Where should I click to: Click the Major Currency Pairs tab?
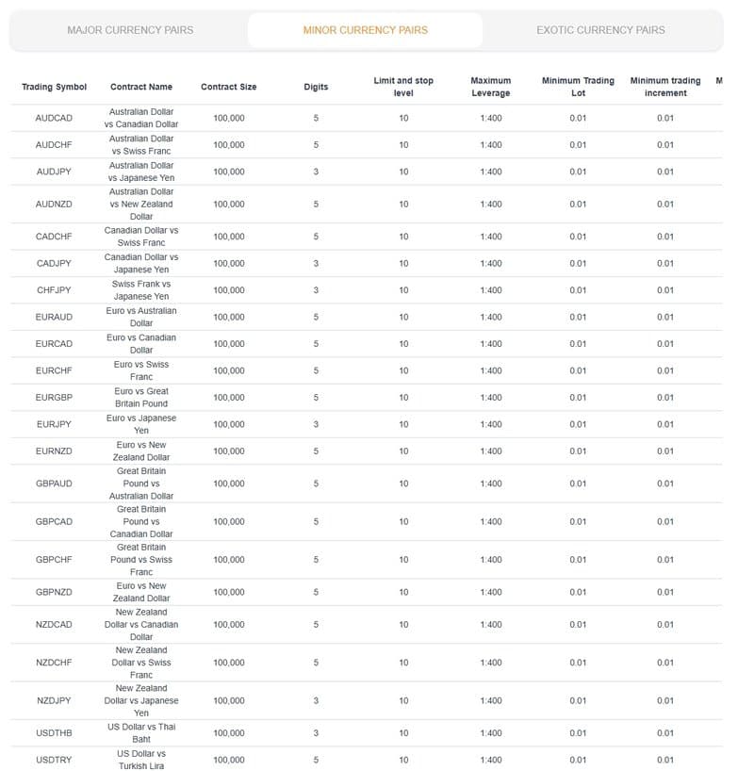point(130,30)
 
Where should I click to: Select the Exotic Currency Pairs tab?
point(600,30)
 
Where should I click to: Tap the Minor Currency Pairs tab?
point(365,30)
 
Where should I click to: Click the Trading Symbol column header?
point(54,87)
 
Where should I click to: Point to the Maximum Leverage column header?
point(490,87)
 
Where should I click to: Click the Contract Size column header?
point(228,87)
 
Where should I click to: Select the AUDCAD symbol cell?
point(54,118)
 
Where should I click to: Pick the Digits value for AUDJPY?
point(316,172)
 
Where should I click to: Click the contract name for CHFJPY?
point(141,290)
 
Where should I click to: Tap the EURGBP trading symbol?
point(54,398)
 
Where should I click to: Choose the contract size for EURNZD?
point(228,451)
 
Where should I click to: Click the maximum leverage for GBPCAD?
point(490,521)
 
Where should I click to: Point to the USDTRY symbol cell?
point(54,760)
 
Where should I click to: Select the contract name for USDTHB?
point(141,733)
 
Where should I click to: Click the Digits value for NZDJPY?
point(316,700)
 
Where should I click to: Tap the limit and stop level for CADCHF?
point(403,237)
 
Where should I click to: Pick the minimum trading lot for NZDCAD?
point(578,624)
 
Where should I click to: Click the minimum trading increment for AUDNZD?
point(665,204)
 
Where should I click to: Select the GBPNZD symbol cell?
point(54,592)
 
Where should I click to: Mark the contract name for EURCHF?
point(141,370)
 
